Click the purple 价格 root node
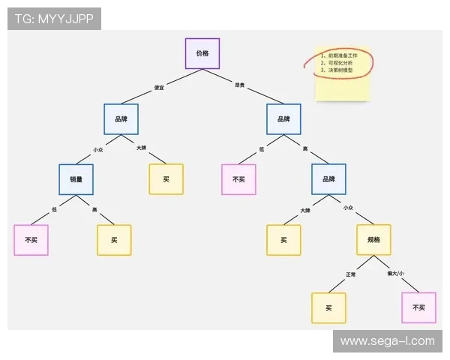202,54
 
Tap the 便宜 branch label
159,88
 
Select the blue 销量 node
76,179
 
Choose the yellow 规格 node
373,240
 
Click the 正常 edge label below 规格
350,274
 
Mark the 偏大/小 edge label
395,273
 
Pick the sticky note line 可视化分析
340,64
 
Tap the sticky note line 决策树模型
340,72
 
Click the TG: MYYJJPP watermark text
54,19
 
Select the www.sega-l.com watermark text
387,341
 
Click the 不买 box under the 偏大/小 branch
418,307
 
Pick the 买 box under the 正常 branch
328,308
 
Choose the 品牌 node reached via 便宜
121,119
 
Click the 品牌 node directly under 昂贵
283,119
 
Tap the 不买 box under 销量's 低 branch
31,240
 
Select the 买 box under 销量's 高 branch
114,240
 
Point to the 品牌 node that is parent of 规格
328,179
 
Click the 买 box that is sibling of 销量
166,179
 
